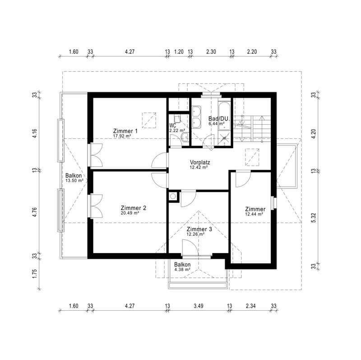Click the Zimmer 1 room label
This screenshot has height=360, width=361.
point(125,131)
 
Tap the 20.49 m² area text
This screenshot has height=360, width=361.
point(130,213)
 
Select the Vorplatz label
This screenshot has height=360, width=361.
point(200,162)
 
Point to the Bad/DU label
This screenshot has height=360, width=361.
point(218,119)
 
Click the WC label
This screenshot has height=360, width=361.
point(173,126)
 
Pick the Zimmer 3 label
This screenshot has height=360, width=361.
point(199,229)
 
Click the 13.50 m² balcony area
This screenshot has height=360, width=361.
point(74,181)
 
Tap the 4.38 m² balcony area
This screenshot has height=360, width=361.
point(182,270)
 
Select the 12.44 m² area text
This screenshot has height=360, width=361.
point(254,214)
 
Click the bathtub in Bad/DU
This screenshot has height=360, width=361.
point(224,116)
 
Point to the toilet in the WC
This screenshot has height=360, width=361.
point(185,138)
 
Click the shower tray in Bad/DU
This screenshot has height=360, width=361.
point(224,138)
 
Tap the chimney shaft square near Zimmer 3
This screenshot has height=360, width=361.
point(173,196)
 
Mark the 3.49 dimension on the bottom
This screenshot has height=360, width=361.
point(199,306)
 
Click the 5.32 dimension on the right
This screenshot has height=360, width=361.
point(314,218)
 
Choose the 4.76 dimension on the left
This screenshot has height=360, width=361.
point(34,212)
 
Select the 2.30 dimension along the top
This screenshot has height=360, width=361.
point(211,51)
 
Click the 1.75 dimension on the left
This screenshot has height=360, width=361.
point(34,274)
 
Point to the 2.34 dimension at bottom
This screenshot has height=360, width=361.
point(250,306)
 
